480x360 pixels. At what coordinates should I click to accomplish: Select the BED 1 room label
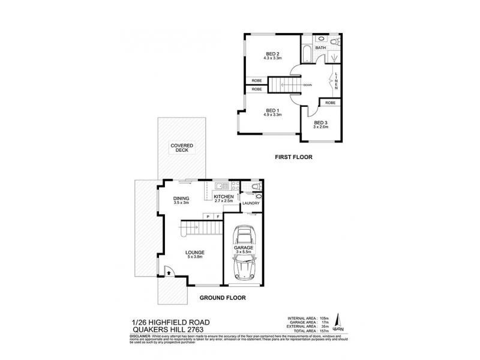pyautogui.click(x=273, y=113)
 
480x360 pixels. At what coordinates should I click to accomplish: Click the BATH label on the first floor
pyautogui.click(x=320, y=47)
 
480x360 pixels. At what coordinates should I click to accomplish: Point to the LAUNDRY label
pyautogui.click(x=250, y=203)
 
